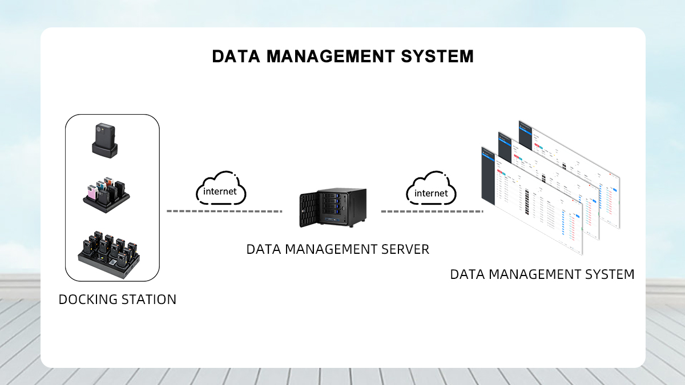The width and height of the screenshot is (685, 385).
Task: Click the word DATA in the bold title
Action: (x=236, y=56)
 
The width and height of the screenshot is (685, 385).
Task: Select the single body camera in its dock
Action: (x=106, y=141)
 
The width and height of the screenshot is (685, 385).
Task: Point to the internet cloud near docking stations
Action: (x=220, y=188)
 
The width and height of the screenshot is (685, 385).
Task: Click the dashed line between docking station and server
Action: (x=224, y=211)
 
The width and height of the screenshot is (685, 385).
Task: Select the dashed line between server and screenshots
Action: (x=432, y=211)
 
